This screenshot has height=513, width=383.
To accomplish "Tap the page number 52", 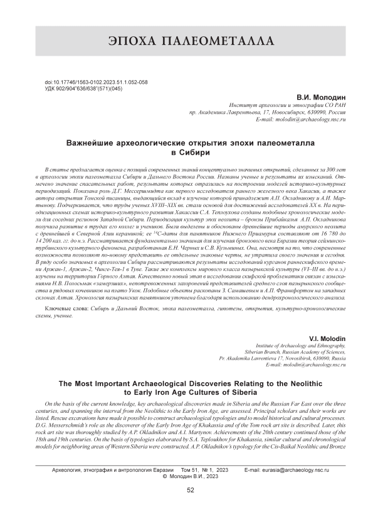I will click(191, 490).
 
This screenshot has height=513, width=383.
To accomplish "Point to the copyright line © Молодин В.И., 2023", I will click(191, 475).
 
